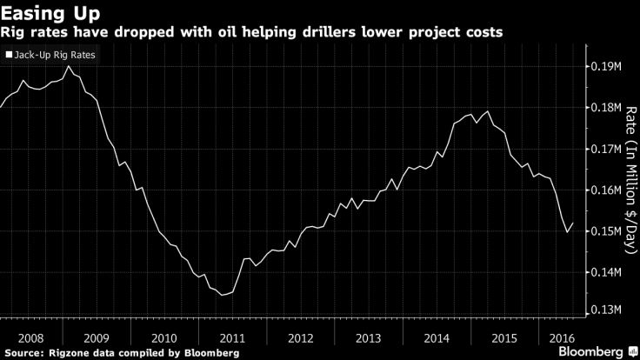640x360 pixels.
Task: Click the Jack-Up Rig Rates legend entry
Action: click(x=51, y=55)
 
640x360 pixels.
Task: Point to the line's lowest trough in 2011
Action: click(x=223, y=295)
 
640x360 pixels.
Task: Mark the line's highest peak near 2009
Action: click(x=69, y=66)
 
